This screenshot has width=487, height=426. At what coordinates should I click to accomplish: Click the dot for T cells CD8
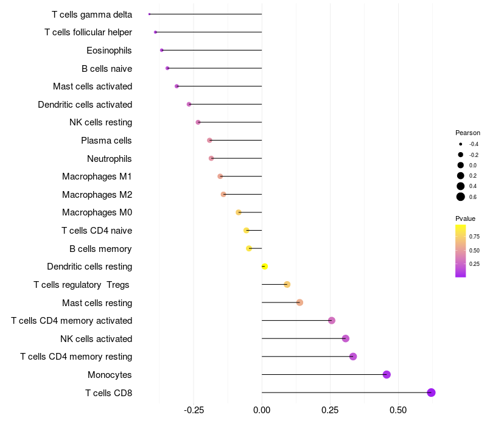coord(431,393)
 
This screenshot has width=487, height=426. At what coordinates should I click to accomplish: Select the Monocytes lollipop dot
coord(387,374)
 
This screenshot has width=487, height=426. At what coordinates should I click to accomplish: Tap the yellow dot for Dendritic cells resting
coord(264,267)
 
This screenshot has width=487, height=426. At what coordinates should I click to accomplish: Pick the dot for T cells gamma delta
coord(149,14)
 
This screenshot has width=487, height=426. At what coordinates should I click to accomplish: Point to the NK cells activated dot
coord(346,338)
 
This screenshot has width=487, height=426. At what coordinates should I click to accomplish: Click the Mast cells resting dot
coord(300,302)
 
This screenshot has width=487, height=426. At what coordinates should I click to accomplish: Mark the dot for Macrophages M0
coord(239,212)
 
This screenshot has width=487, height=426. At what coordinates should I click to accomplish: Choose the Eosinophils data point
coord(161,50)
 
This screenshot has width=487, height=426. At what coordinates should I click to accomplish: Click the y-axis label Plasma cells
coord(106,141)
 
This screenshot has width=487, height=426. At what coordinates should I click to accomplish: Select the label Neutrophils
coord(110,159)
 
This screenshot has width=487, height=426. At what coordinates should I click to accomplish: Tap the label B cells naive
coord(107,69)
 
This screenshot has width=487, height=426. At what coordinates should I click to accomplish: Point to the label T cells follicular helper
coord(88,32)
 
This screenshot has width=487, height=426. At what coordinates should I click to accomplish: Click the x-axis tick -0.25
coord(194,410)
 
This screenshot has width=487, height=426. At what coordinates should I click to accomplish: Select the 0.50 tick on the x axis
coord(398,410)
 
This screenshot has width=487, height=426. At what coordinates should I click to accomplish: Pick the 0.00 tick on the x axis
coord(262,410)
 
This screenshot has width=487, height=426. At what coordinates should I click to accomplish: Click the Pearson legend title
coord(468,133)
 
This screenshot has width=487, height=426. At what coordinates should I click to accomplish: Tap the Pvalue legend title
coord(465,218)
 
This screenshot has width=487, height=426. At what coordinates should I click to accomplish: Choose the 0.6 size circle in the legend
coord(461,197)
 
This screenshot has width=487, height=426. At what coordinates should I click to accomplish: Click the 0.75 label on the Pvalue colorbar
coord(474,236)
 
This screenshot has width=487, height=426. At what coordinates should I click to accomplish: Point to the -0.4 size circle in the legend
coord(461,144)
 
